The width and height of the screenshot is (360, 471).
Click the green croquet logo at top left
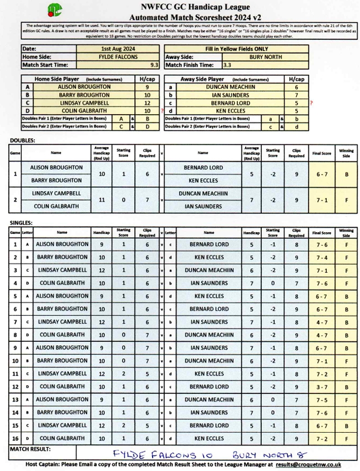(x=55, y=10)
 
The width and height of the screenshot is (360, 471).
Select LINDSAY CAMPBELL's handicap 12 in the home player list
(x=146, y=103)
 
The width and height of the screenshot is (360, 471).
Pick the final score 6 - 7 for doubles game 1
(x=321, y=174)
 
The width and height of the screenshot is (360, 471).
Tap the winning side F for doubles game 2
(x=346, y=200)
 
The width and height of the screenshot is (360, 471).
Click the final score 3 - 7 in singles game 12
(x=321, y=387)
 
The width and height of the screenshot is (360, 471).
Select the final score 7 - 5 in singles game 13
(x=321, y=400)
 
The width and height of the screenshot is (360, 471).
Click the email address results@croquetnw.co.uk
(x=312, y=464)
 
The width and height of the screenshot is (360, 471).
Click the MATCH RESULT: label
(x=30, y=449)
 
